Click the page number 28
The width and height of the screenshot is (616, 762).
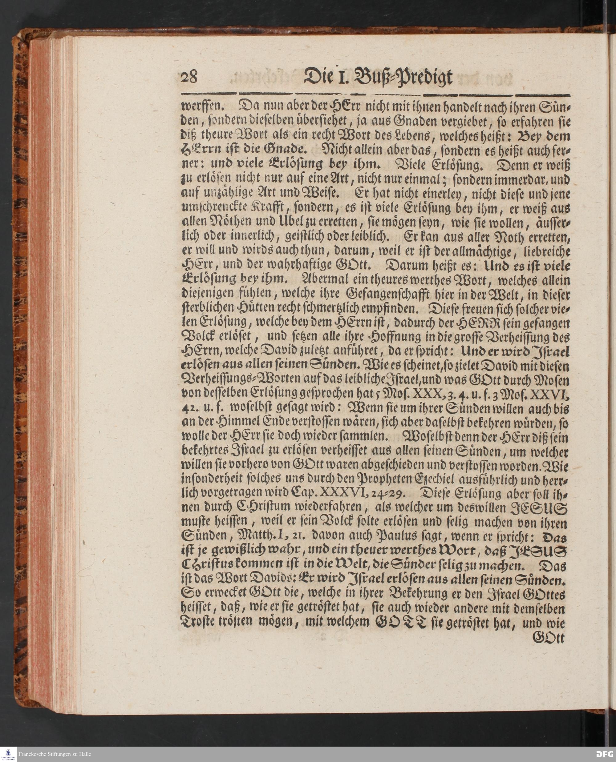pyautogui.click(x=190, y=77)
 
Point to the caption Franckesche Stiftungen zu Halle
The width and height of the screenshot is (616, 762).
pyautogui.click(x=55, y=754)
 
